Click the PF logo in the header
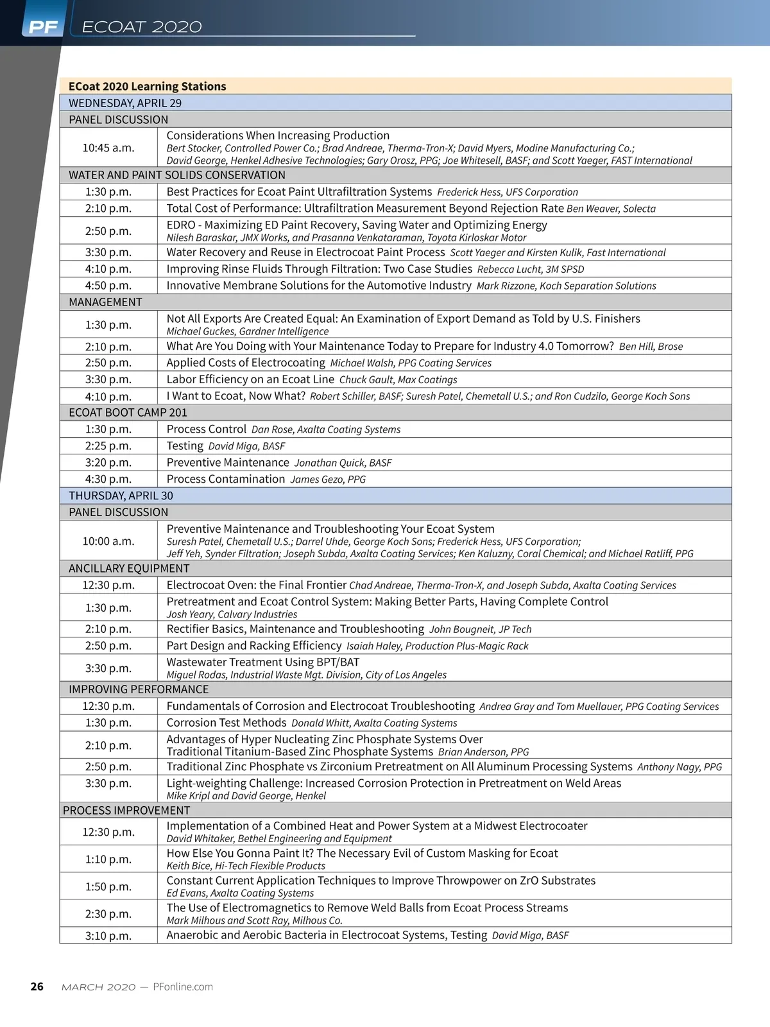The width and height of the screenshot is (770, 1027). [x=43, y=27]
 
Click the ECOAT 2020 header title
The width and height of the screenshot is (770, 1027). [x=142, y=27]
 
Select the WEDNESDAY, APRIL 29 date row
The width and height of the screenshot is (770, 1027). [x=125, y=103]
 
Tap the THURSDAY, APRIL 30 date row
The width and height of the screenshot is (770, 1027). [x=121, y=496]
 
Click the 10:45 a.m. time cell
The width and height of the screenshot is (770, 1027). [x=108, y=148]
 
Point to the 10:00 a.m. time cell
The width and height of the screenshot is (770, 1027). [x=108, y=541]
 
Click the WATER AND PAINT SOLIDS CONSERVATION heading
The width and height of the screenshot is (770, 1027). [x=177, y=175]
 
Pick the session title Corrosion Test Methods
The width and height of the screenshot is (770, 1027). [x=227, y=723]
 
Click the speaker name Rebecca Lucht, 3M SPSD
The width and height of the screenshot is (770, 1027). [x=531, y=270]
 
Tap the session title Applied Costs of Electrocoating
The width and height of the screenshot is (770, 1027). [x=246, y=363]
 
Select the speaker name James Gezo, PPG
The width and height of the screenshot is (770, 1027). [x=328, y=479]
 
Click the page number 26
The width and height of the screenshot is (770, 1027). [x=37, y=987]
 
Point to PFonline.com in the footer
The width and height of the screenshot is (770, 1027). [x=183, y=987]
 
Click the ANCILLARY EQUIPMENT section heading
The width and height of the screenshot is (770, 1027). [x=129, y=568]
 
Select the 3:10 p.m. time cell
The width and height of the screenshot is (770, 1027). [x=108, y=935]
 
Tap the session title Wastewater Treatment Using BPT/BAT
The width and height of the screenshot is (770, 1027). [x=263, y=662]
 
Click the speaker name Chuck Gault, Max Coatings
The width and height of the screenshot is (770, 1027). [x=398, y=380]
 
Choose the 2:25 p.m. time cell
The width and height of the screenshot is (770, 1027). [x=108, y=445]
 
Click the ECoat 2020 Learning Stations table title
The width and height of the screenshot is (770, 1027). [x=148, y=86]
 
